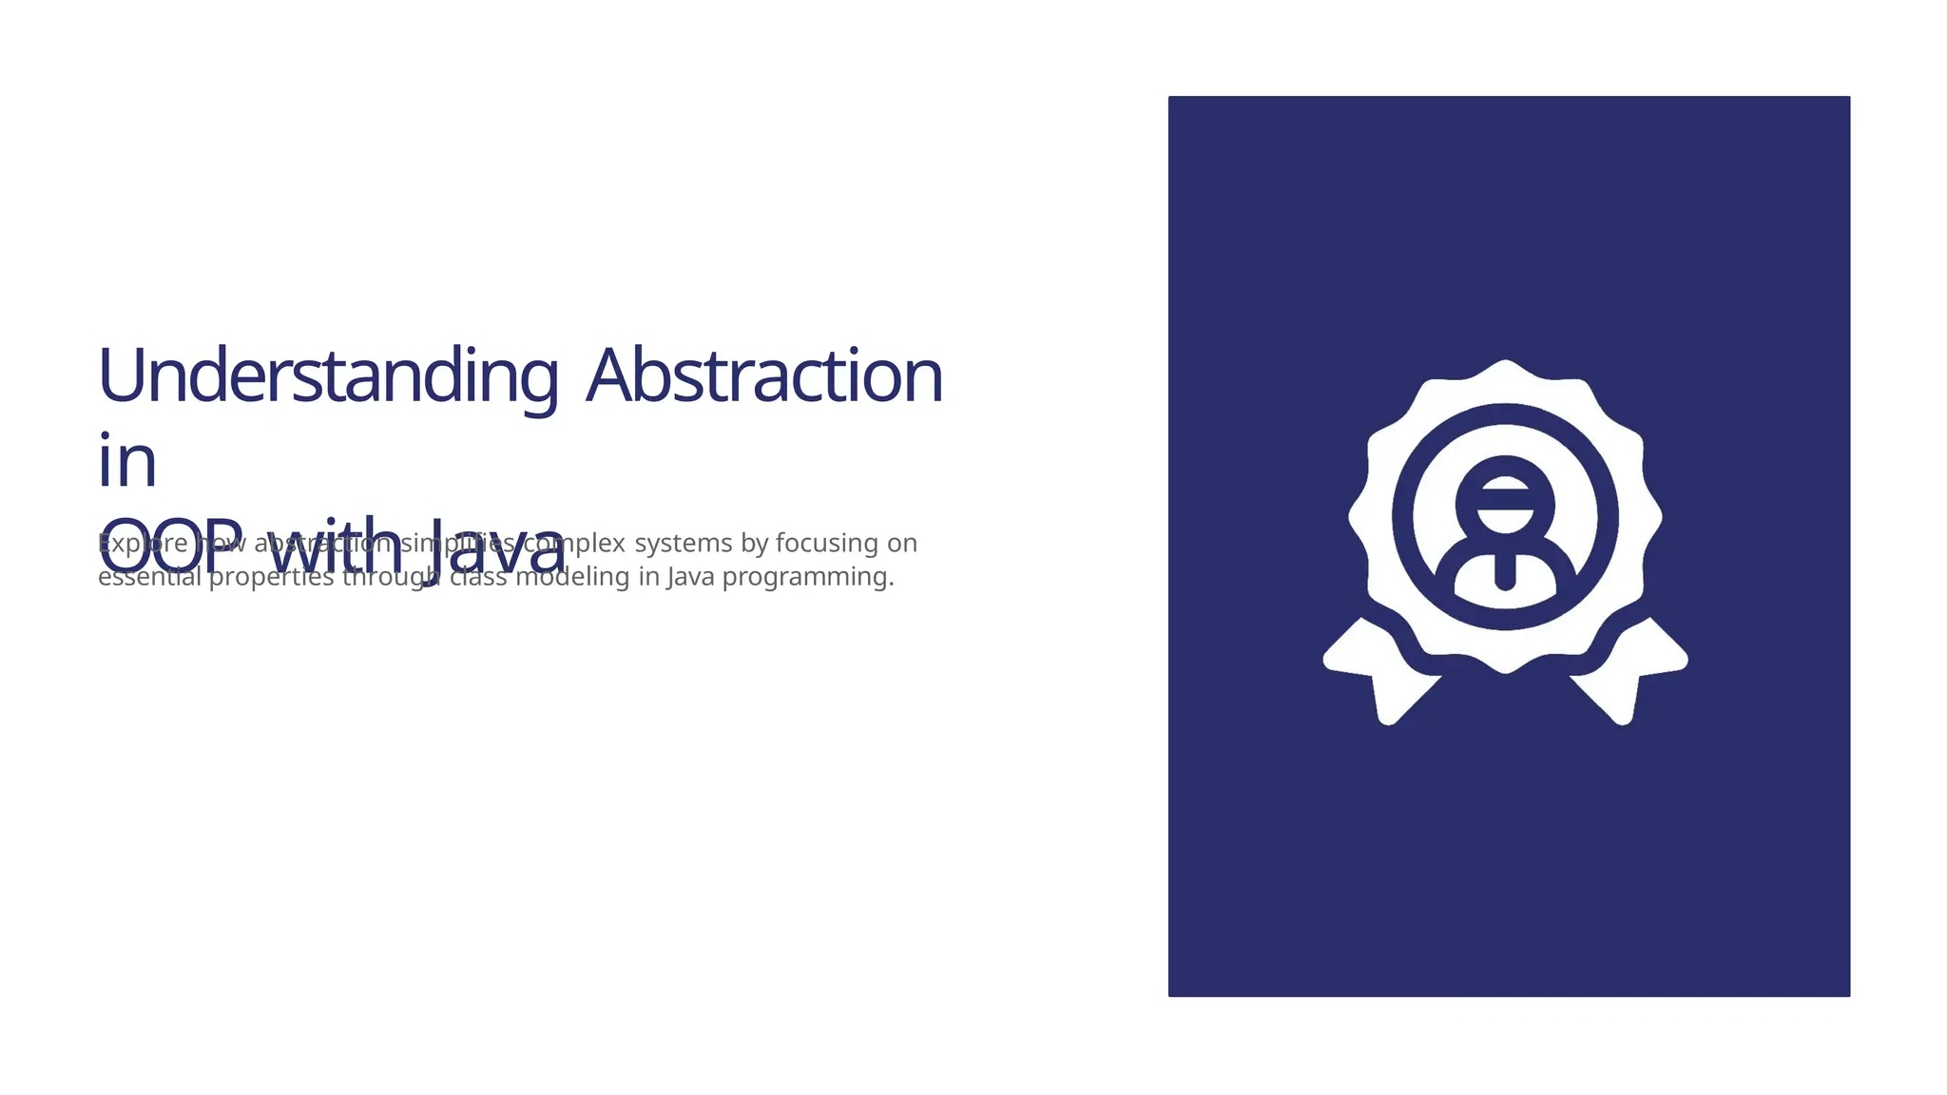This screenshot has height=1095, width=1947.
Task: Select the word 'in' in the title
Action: pos(126,462)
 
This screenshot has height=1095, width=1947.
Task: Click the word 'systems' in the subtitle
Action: pos(684,543)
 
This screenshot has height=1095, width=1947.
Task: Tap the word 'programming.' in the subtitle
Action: pos(808,576)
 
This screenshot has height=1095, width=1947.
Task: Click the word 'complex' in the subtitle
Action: pos(574,544)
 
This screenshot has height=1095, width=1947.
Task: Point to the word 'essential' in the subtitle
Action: pos(149,576)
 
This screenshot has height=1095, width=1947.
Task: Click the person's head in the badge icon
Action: pos(1505,502)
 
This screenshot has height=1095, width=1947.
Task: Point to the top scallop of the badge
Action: pos(1505,375)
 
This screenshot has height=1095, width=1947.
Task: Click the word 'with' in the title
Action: pos(335,546)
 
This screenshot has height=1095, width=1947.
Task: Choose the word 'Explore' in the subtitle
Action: pos(143,543)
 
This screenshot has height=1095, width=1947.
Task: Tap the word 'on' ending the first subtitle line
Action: pos(902,543)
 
